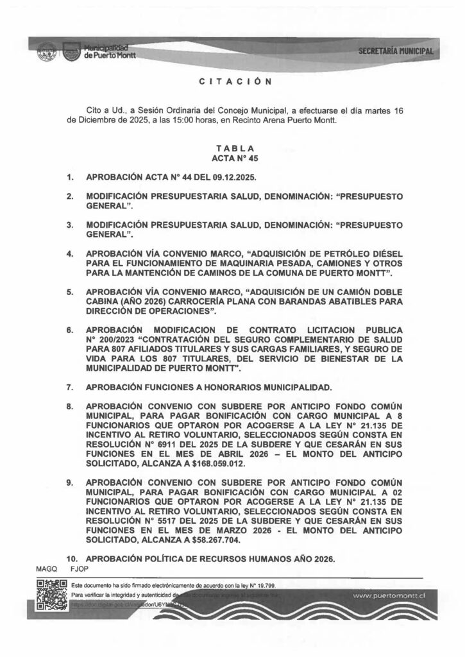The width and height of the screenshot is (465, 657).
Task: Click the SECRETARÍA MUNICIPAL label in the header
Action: click(x=396, y=51)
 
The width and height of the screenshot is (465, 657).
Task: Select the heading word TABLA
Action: click(x=232, y=148)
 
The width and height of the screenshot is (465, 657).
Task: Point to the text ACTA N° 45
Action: click(x=232, y=157)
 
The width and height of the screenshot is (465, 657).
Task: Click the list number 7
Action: click(x=71, y=388)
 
